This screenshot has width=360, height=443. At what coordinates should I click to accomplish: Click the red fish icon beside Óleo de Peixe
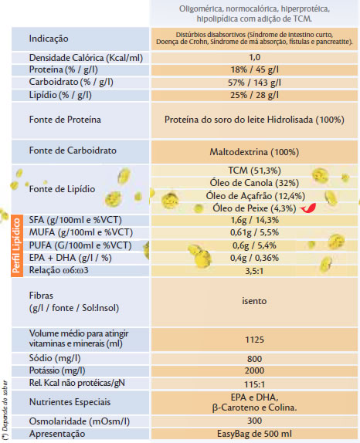click(308, 208)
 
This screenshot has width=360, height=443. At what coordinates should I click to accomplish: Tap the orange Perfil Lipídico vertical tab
click(17, 245)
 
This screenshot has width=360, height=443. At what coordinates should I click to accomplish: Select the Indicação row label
click(49, 39)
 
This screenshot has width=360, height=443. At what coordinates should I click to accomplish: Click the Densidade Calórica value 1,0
click(254, 57)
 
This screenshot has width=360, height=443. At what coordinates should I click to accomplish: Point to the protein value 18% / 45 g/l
click(254, 69)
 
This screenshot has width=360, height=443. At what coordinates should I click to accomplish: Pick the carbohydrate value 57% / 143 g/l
click(254, 83)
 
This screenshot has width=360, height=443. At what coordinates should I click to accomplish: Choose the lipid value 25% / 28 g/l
click(254, 95)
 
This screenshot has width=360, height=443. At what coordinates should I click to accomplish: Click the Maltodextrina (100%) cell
click(254, 152)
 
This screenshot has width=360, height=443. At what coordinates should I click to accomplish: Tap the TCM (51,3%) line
click(254, 171)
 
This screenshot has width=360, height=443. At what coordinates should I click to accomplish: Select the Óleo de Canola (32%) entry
click(254, 183)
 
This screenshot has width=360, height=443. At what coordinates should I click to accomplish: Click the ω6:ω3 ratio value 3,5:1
click(254, 271)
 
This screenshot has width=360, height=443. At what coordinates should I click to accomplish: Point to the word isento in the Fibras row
click(254, 301)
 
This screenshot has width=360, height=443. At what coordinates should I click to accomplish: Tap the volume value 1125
click(254, 340)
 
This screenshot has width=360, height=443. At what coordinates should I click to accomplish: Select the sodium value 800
click(254, 359)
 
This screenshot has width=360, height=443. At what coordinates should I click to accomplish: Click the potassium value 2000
click(254, 370)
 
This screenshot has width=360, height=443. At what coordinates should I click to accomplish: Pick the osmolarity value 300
click(254, 421)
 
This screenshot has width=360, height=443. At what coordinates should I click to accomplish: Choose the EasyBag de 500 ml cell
click(254, 434)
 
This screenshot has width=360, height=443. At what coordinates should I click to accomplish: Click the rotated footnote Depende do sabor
click(5, 411)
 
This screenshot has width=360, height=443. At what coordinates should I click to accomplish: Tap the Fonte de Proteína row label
click(65, 120)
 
